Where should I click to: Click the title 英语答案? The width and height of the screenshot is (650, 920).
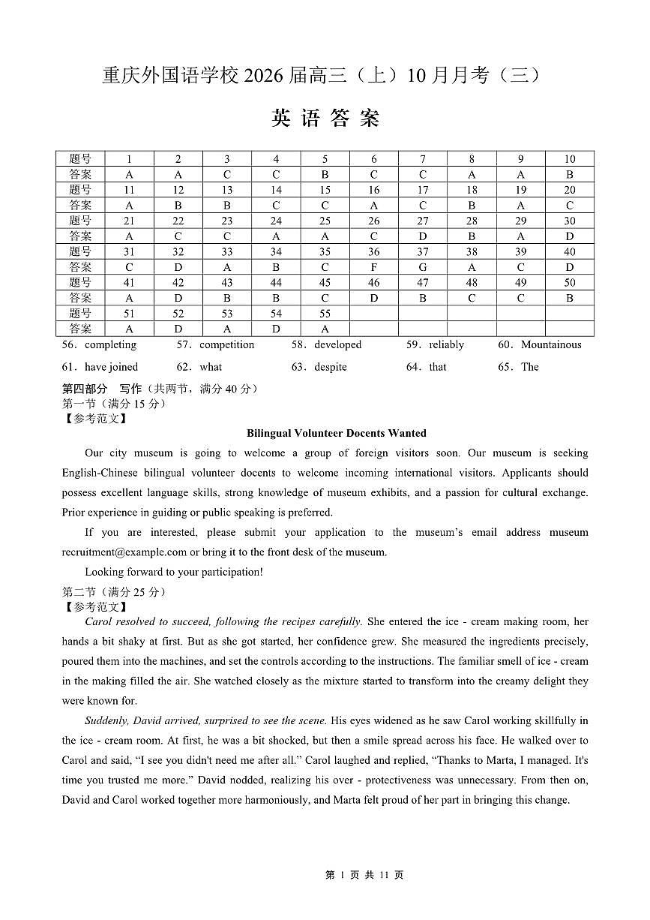click(325, 119)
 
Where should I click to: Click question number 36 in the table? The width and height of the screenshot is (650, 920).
click(373, 252)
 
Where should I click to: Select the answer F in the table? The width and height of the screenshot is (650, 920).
click(373, 267)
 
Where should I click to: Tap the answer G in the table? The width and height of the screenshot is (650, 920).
click(423, 267)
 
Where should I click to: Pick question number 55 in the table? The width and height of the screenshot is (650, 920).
click(325, 314)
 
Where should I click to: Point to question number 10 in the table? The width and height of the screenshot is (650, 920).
click(570, 159)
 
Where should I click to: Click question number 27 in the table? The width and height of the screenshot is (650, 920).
click(423, 221)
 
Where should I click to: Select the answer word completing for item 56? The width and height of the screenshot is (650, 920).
click(110, 345)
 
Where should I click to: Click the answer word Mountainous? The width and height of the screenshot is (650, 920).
click(551, 345)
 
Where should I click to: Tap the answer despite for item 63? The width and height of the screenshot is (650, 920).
click(331, 367)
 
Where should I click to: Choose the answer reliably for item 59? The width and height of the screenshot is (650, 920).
click(446, 345)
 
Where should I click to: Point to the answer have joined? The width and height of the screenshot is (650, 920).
click(112, 367)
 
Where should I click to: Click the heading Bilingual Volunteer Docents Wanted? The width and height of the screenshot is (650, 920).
click(337, 433)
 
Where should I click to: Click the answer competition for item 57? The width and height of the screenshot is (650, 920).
click(226, 345)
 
